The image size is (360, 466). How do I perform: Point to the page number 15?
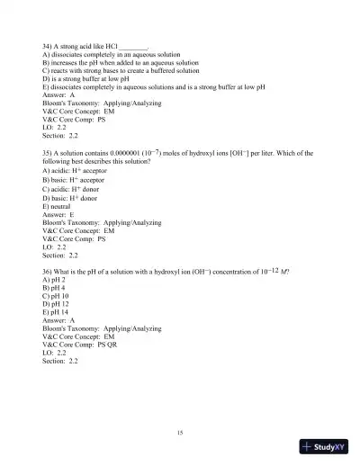click(180, 433)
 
